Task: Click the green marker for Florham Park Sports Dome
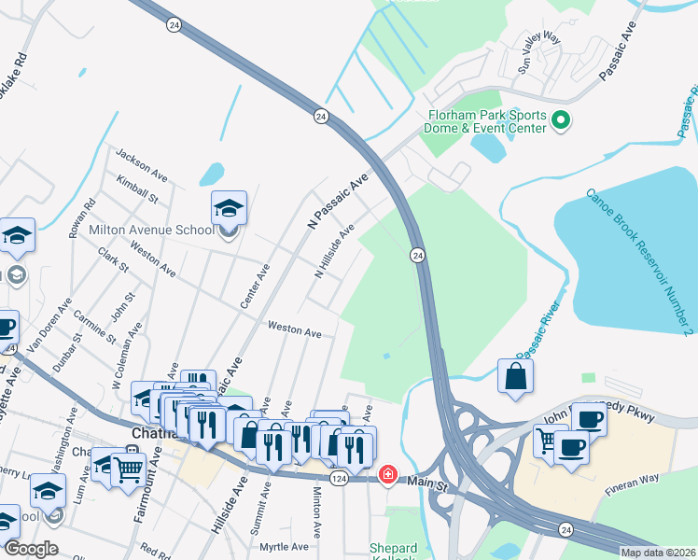(561, 120)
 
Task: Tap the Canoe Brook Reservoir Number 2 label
(639, 262)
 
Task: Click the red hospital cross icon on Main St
(387, 476)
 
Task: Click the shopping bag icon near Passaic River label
(515, 377)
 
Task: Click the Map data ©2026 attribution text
(658, 553)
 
